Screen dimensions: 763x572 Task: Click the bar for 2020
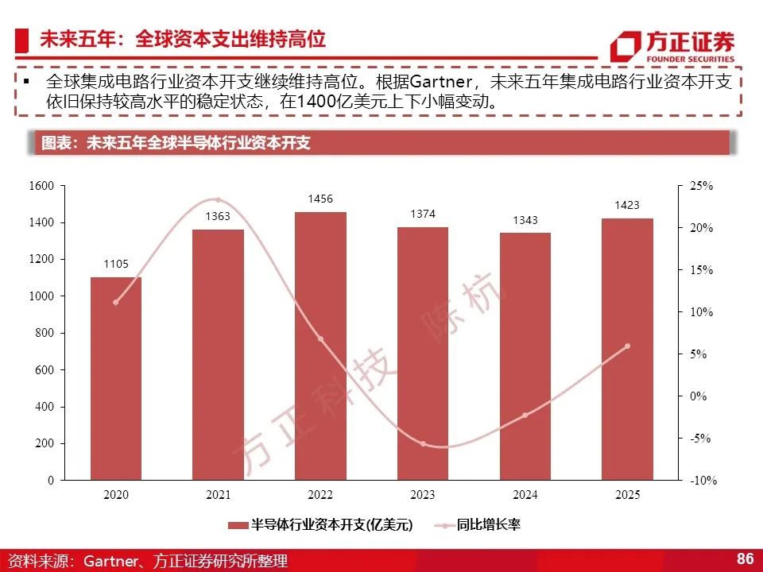click(x=116, y=378)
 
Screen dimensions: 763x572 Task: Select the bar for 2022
click(x=320, y=346)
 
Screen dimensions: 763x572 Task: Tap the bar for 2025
click(x=627, y=350)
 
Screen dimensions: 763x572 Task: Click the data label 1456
click(x=320, y=199)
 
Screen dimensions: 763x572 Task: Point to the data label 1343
click(x=525, y=220)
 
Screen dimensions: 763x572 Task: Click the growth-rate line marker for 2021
click(x=218, y=200)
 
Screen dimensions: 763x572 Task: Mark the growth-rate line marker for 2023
click(x=423, y=444)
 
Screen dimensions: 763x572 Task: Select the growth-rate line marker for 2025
click(x=627, y=346)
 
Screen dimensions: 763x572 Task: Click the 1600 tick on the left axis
click(x=41, y=186)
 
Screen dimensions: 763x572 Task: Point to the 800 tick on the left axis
click(x=45, y=333)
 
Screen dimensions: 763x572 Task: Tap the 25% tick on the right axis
click(x=701, y=186)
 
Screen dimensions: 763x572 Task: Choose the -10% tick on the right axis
click(x=703, y=481)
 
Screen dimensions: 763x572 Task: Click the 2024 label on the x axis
click(x=525, y=495)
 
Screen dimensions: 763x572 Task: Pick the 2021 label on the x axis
click(x=218, y=495)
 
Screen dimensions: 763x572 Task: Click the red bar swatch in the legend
click(x=238, y=525)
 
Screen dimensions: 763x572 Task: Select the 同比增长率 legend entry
click(x=488, y=525)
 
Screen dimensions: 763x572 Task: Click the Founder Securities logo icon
click(x=626, y=46)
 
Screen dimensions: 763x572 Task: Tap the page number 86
click(x=745, y=558)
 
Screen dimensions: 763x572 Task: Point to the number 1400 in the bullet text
click(x=316, y=102)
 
